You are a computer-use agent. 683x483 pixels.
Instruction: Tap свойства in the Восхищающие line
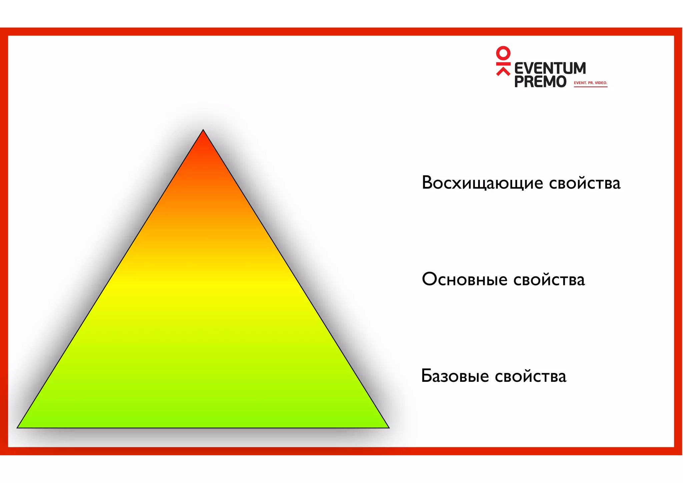(x=585, y=183)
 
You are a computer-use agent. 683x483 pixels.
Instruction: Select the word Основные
(x=465, y=279)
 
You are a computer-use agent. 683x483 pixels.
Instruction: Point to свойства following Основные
(x=549, y=279)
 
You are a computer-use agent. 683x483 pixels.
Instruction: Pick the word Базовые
(x=455, y=376)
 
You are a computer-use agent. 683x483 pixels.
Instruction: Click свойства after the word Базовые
(x=531, y=376)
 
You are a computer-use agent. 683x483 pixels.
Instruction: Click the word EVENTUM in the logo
(x=550, y=68)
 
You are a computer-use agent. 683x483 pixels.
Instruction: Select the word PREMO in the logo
(x=540, y=81)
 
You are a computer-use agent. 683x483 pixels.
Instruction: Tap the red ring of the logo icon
(x=503, y=53)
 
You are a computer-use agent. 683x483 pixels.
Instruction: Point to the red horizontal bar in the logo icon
(x=503, y=63)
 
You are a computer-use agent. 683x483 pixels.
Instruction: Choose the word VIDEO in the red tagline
(x=601, y=83)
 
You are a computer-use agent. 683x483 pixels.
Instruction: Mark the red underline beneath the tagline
(x=590, y=87)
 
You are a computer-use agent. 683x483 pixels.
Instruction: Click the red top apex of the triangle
(x=203, y=134)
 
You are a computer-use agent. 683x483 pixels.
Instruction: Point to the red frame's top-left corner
(x=4, y=32)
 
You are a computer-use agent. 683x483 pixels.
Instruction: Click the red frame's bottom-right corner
(x=678, y=451)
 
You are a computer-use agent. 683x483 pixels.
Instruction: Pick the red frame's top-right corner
(x=678, y=32)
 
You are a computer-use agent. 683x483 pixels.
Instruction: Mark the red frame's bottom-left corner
(x=4, y=451)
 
